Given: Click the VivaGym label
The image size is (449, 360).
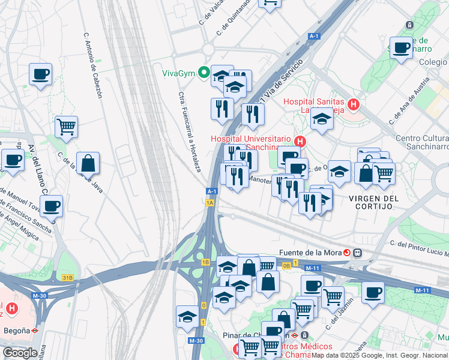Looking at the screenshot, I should click(x=179, y=74).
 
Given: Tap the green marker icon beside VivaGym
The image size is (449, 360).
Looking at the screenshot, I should click(x=203, y=74).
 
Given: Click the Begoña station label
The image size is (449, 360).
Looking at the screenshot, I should click(x=15, y=329).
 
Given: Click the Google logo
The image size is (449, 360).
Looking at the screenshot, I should click(x=19, y=353).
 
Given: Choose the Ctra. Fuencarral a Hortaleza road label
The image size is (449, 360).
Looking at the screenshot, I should click(x=188, y=131).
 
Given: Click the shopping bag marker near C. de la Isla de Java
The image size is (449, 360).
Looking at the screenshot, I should click(x=88, y=163).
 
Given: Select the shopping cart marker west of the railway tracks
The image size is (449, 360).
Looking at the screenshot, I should click(x=66, y=127).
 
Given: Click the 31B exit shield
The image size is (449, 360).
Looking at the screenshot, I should click(x=68, y=277).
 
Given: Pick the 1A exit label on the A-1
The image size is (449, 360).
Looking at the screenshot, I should click(x=209, y=203).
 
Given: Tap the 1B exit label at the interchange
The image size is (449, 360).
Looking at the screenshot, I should click(x=205, y=262).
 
